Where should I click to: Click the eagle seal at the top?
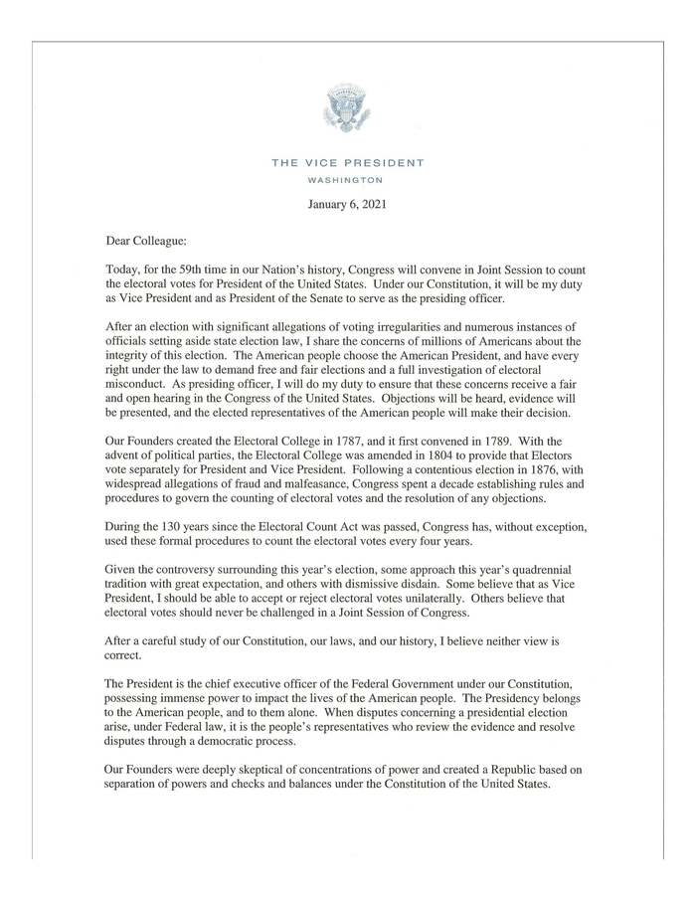tap(347, 108)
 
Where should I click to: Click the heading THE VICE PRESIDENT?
tap(347, 163)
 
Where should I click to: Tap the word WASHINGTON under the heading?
tap(347, 180)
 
